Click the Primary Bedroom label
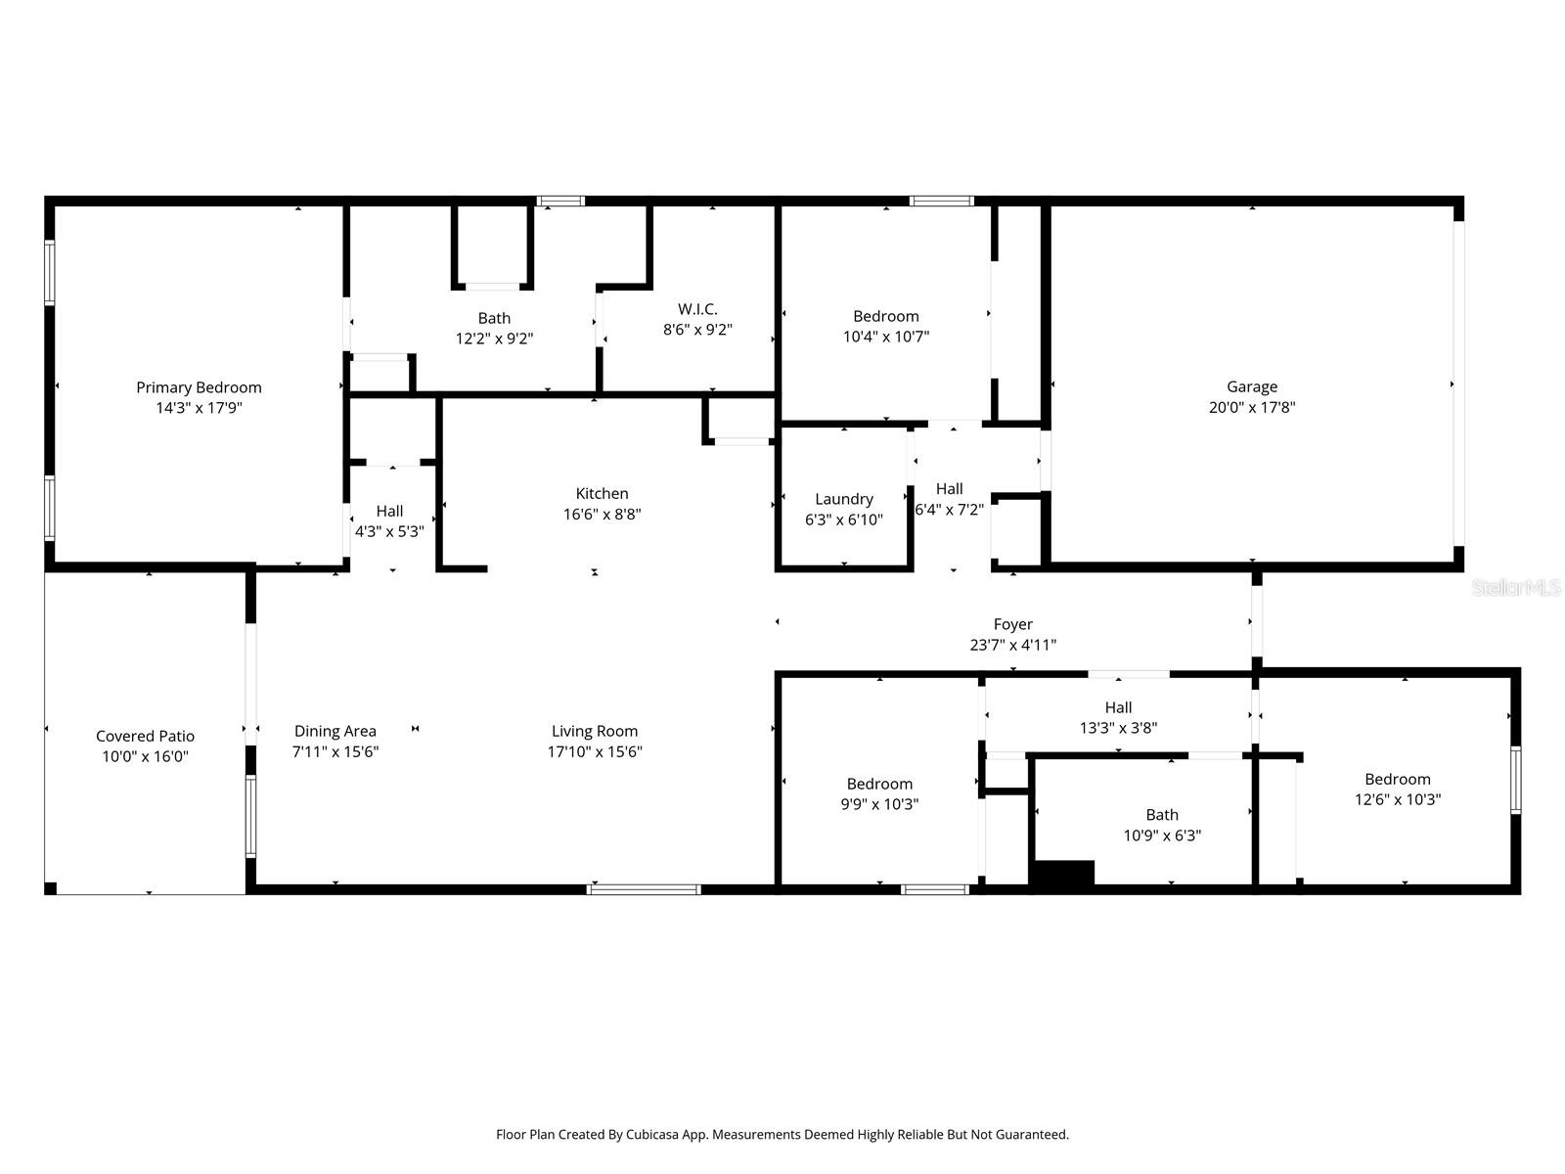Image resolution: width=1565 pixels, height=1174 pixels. [x=199, y=387]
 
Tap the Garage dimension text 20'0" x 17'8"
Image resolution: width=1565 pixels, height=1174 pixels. [x=1252, y=408]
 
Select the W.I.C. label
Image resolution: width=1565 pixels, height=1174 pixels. [x=697, y=309]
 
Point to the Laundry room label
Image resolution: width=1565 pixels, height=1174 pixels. [x=844, y=499]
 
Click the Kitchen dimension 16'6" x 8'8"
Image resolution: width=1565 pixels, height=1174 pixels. [x=602, y=515]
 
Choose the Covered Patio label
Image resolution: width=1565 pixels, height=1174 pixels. [x=145, y=736]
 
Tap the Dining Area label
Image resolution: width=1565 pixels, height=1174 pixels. [x=335, y=731]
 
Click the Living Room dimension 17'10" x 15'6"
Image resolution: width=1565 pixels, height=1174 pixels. [x=595, y=752]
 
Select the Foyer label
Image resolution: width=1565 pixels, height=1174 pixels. [x=1012, y=624]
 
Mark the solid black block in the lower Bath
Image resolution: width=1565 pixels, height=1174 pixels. [x=1064, y=874]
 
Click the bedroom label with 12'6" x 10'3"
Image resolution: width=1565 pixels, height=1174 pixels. [x=1397, y=779]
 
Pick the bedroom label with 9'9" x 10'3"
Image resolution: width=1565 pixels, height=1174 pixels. [x=879, y=784]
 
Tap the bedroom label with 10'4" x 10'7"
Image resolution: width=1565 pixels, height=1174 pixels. [x=885, y=316]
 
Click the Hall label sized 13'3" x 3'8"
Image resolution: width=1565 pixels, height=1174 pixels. [x=1118, y=707]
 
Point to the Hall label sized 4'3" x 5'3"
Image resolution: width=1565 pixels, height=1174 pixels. [x=389, y=511]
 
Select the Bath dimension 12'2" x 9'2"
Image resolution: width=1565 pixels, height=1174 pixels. [x=494, y=339]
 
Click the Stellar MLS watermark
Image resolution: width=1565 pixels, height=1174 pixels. [x=1515, y=587]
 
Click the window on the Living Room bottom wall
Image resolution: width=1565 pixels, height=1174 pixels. [x=644, y=889]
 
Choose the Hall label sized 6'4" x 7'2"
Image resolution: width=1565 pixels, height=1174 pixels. [x=949, y=489]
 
